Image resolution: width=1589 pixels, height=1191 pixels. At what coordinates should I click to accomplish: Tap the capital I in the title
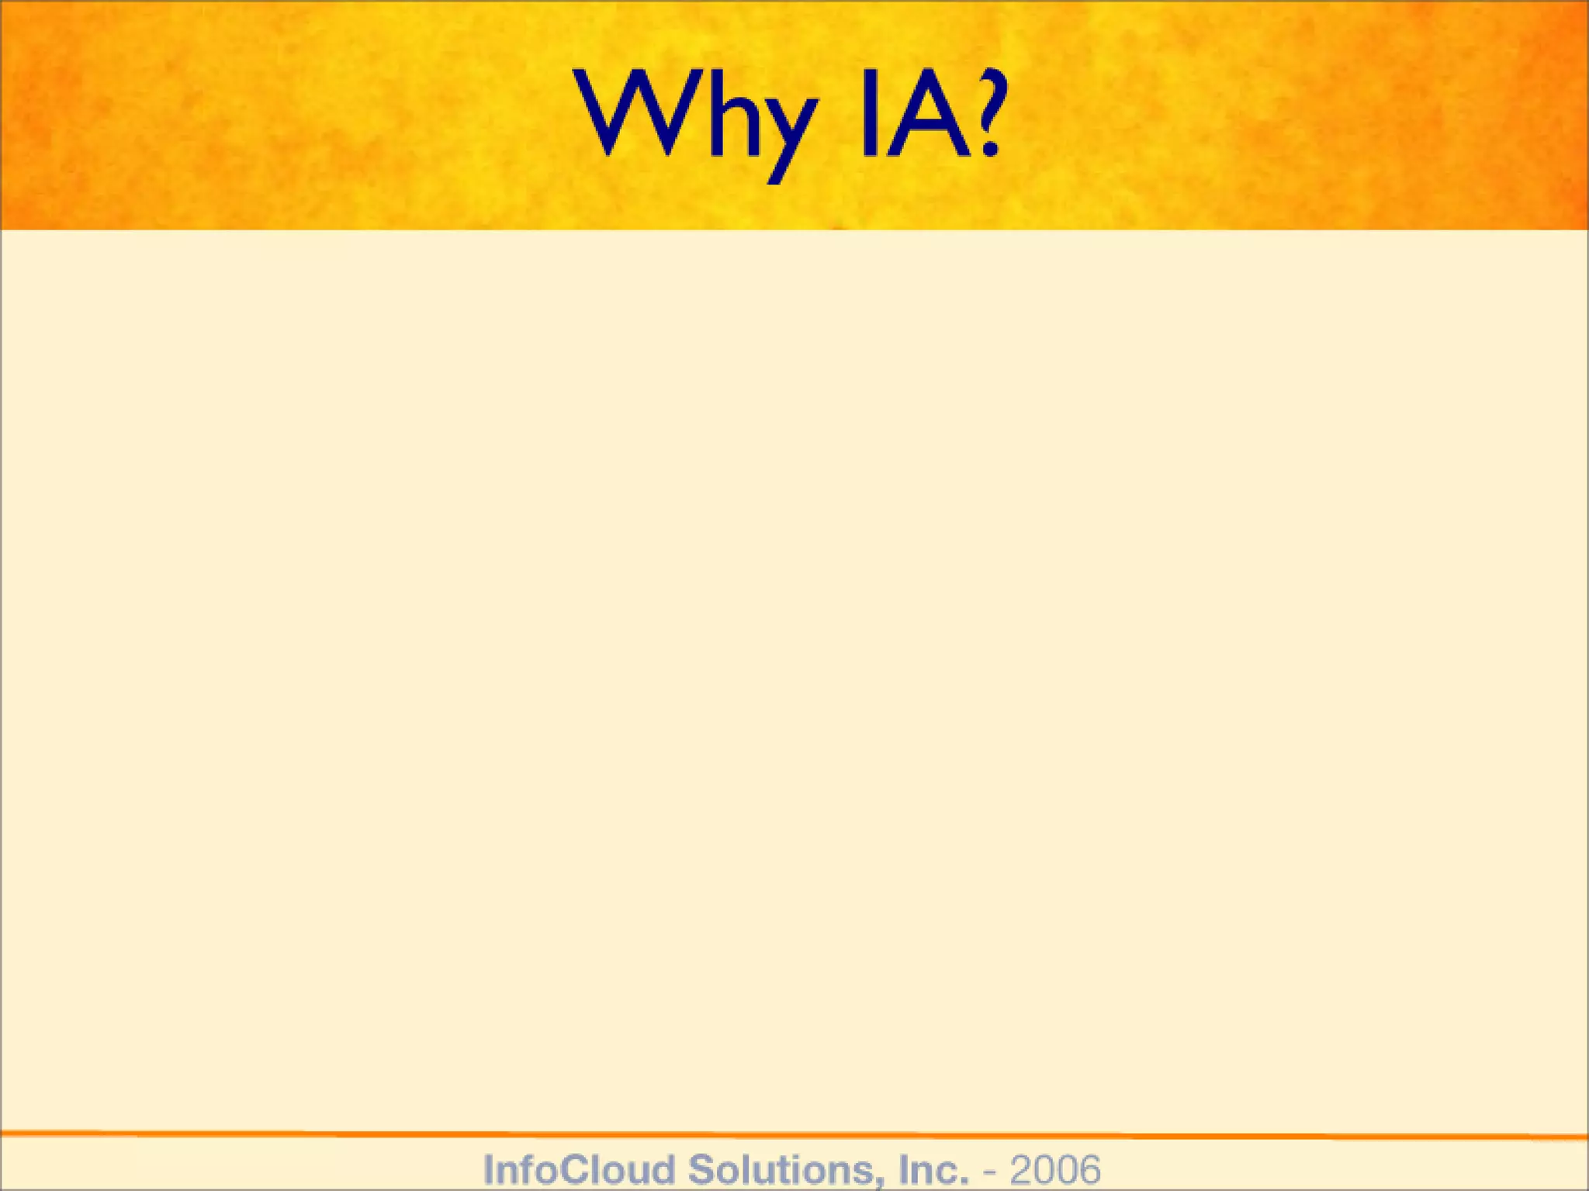click(x=871, y=114)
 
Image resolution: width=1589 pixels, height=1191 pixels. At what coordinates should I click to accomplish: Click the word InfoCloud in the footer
click(x=579, y=1169)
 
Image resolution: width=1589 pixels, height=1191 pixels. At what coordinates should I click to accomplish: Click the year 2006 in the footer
click(x=1054, y=1169)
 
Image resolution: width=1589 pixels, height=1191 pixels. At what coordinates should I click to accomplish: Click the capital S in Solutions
click(x=701, y=1169)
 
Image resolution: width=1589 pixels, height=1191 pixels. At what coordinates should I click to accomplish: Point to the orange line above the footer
click(x=794, y=1135)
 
